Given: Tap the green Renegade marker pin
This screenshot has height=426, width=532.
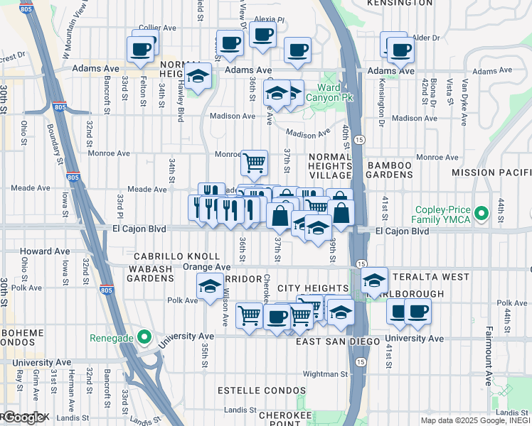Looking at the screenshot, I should [x=144, y=337].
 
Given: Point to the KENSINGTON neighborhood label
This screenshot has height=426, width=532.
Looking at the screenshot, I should [x=399, y=4].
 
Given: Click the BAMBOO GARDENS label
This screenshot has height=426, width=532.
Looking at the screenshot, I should [x=390, y=170].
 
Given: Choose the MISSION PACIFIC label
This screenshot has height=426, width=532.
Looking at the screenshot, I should [x=491, y=173].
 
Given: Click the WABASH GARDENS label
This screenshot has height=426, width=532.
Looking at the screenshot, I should [x=151, y=274].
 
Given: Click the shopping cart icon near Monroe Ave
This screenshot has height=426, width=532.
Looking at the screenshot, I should [x=254, y=163].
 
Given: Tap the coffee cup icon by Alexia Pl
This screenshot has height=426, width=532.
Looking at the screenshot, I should [x=262, y=33].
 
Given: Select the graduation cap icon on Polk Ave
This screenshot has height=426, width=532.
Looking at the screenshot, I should [x=210, y=286].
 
